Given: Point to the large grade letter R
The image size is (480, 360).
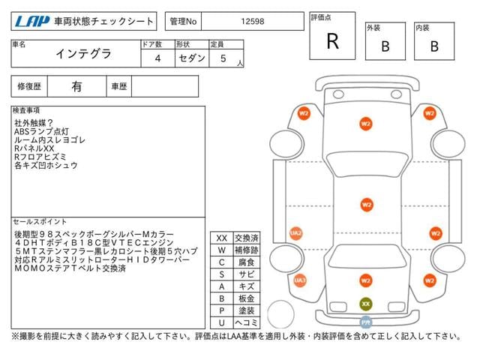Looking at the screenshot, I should (x=332, y=42).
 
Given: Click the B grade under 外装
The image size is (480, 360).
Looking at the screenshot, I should (x=385, y=46).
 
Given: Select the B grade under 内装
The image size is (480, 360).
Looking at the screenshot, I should (x=433, y=46).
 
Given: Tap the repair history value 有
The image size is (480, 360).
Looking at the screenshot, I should (x=76, y=86).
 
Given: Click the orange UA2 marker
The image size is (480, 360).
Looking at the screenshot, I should (x=296, y=233).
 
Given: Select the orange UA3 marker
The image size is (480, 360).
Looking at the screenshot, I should (x=300, y=280).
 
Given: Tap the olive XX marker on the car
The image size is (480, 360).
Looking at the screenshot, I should (x=366, y=304).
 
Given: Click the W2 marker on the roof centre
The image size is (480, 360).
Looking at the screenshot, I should (x=366, y=203).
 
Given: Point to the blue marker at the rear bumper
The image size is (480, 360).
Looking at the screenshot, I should (x=366, y=322).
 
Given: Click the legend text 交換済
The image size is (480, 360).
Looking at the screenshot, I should (x=246, y=238).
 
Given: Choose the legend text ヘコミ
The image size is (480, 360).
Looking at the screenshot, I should (x=246, y=322).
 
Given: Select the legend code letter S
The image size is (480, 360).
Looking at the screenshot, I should (x=221, y=274).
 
